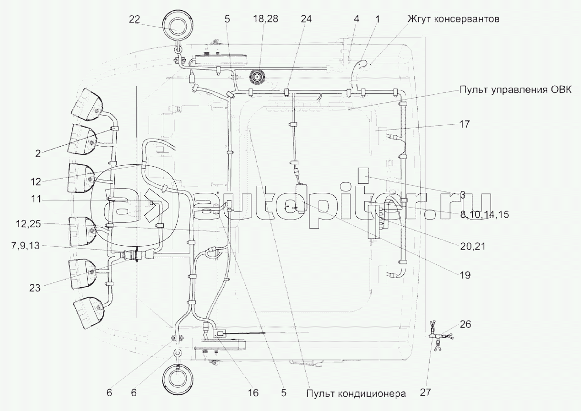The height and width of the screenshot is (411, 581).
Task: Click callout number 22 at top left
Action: click(x=134, y=19)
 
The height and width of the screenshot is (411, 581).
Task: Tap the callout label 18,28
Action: click(x=265, y=19)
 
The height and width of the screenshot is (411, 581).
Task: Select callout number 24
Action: click(x=306, y=19)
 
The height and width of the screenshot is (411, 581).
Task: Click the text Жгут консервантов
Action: click(x=453, y=19)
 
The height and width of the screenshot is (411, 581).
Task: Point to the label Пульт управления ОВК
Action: click(x=515, y=90)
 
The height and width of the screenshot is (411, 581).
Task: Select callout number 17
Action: click(x=464, y=124)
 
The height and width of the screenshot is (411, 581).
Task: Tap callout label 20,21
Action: click(x=472, y=246)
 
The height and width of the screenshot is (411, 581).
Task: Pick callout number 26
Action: click(x=465, y=324)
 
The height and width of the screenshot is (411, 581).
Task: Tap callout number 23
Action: click(x=35, y=288)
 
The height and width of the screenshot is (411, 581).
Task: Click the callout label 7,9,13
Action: click(x=25, y=246)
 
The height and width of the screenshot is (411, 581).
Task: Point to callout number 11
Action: click(x=36, y=199)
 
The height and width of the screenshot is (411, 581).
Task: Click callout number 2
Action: click(x=38, y=154)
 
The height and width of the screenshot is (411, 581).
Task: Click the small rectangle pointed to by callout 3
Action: click(x=363, y=176)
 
